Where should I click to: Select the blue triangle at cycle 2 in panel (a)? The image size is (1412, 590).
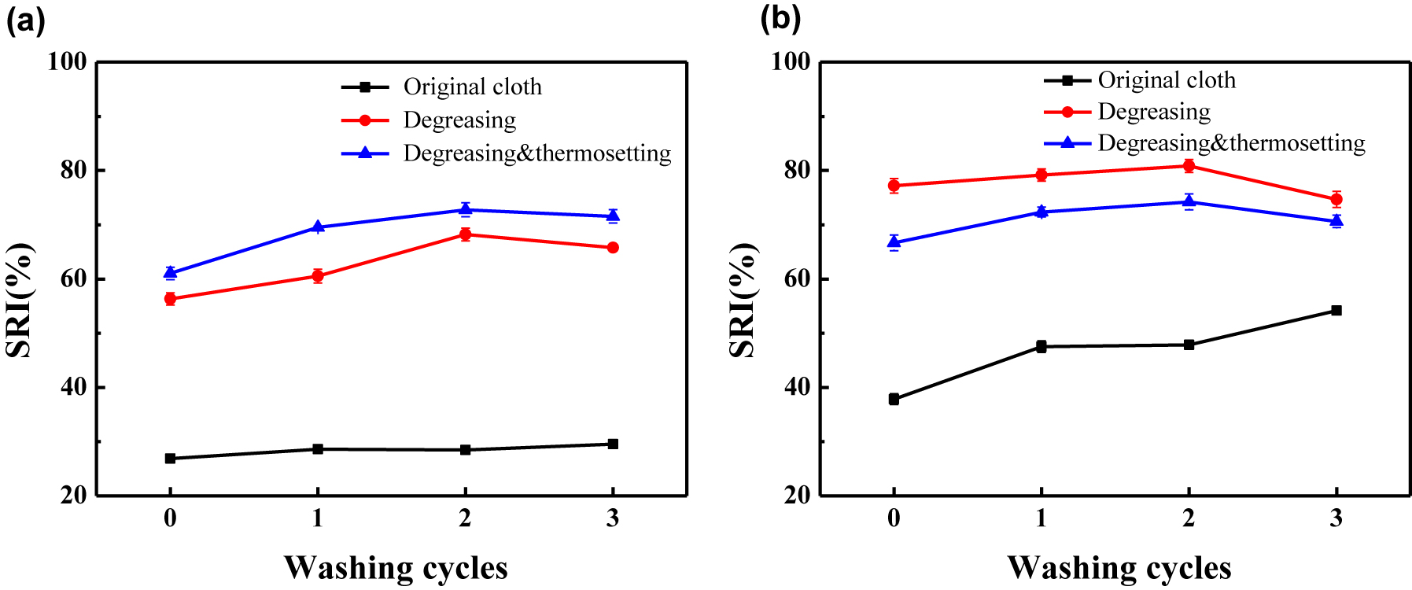465,209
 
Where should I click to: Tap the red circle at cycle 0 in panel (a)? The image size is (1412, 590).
170,299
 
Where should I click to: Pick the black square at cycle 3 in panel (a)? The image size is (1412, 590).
613,444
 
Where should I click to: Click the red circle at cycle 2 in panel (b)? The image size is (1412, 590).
1189,165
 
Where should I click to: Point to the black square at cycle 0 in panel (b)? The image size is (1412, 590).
894,399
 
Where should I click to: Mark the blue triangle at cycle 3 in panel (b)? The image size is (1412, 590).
1336,221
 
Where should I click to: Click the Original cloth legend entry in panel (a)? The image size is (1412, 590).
472,87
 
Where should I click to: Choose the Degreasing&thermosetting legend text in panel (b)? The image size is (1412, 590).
1231,143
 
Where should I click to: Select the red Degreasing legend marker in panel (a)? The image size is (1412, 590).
365,120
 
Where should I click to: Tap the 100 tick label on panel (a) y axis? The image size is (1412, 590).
67,61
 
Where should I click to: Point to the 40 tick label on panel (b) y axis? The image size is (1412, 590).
797,387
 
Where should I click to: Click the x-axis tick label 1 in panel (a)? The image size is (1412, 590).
317,518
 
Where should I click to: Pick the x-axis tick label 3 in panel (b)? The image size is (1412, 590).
1336,518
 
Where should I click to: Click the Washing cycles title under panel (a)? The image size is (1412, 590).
396,567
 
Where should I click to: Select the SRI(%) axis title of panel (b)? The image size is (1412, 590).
742,301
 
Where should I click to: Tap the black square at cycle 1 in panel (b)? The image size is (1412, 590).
1041,346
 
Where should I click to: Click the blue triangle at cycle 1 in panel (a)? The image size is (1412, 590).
318,227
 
